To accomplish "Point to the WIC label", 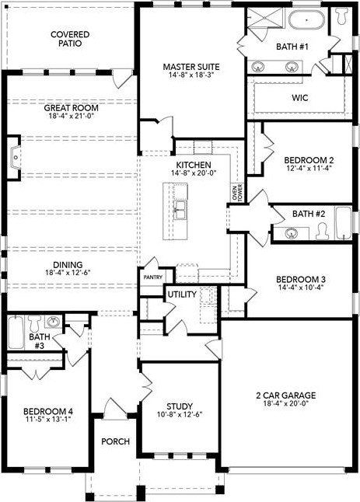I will click(301, 98).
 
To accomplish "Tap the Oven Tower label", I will click(237, 190).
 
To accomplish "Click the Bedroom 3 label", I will click(302, 280).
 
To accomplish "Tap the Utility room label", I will click(181, 294).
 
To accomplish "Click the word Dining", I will click(69, 263).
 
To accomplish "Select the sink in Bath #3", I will click(53, 320).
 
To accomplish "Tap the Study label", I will click(180, 406).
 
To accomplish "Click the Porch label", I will click(115, 441).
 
